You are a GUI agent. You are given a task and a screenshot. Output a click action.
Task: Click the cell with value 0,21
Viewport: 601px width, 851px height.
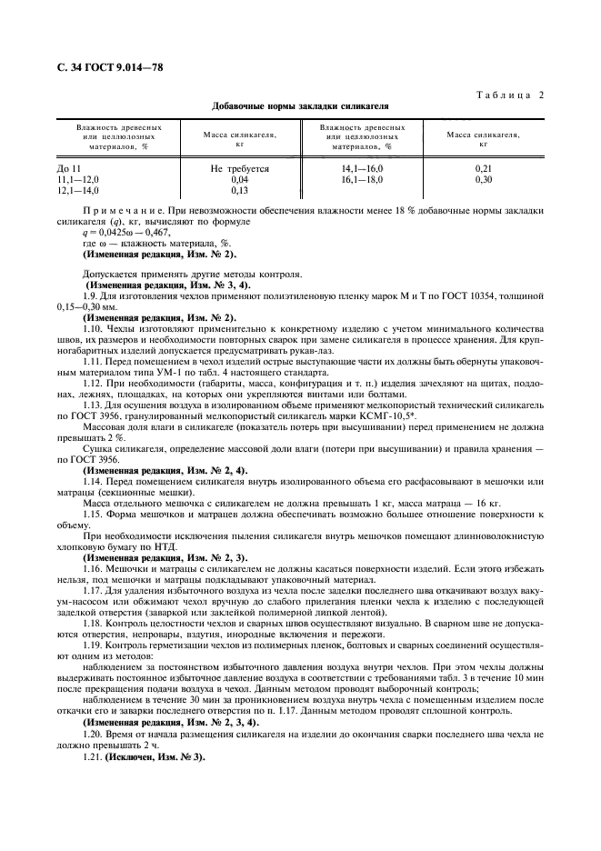point(483,169)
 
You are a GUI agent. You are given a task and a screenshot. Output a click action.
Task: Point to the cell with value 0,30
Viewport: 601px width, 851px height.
point(483,180)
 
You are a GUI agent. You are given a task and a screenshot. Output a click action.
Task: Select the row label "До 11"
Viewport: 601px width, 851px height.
point(68,169)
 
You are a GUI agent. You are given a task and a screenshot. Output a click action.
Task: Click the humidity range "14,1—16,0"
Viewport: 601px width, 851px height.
point(362,169)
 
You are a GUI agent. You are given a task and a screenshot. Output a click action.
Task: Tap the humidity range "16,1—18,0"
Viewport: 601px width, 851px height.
point(362,180)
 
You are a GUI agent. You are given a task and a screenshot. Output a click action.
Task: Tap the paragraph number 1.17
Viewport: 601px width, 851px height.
point(93,590)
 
